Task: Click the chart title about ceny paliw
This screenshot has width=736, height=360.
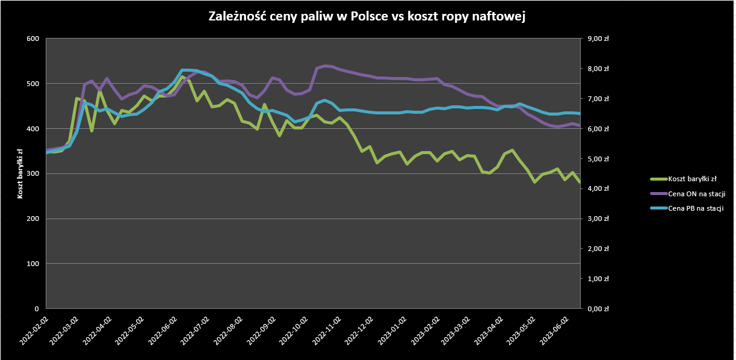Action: point(367,17)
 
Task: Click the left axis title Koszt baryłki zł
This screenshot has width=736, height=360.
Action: point(20,173)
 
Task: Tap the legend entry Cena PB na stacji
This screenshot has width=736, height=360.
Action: point(696,208)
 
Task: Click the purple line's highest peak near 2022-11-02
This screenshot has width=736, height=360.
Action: point(326,66)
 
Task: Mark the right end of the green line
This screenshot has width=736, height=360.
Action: point(580,182)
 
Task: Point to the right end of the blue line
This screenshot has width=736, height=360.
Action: point(580,113)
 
